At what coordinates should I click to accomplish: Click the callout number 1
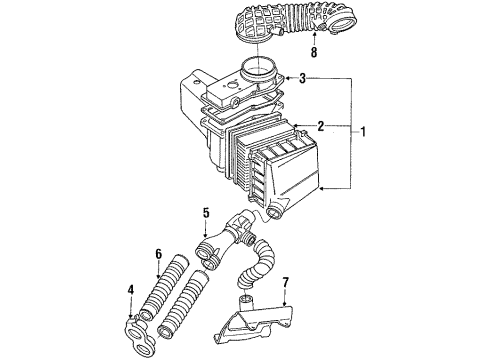coord(363,132)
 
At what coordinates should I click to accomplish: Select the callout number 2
coord(320,126)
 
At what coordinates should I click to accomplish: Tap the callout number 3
coord(302,78)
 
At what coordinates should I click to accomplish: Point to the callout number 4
coord(131,290)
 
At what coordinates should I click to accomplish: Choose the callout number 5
coord(206,213)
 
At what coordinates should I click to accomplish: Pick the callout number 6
coord(158,254)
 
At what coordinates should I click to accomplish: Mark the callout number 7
coord(286,282)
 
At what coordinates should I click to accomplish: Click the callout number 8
coord(314,52)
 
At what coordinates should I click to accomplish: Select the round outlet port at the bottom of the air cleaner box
coord(276,212)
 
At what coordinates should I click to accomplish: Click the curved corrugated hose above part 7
coord(258,263)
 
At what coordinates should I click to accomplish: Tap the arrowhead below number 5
coord(206,235)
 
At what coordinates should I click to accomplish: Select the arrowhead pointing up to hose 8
coord(314,34)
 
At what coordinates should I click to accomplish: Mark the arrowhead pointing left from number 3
coord(288,78)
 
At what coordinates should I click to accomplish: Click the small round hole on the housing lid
coord(230,86)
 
